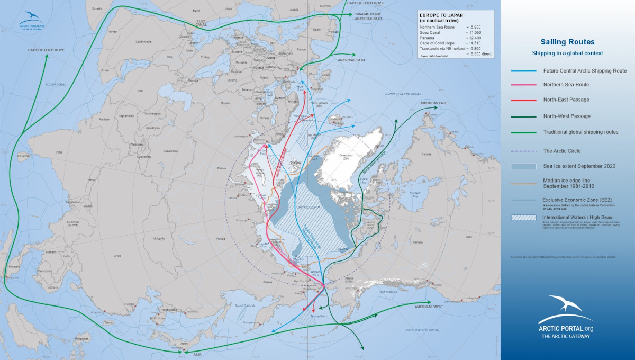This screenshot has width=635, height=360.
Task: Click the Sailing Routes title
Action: click(x=567, y=42)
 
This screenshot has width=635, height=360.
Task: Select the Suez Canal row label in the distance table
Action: click(x=430, y=32)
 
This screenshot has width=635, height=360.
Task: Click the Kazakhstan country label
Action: click(x=170, y=151)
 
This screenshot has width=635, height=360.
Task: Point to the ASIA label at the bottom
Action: click(x=197, y=355)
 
